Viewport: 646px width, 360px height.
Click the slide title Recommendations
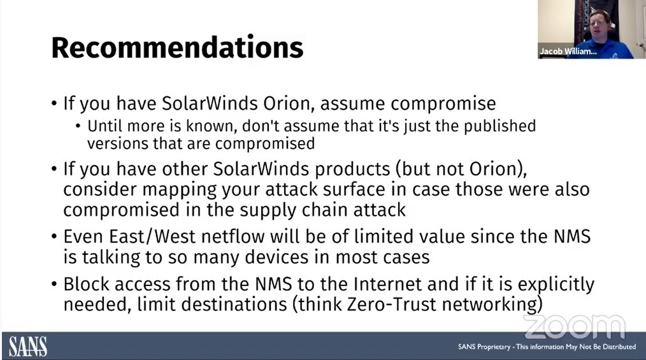coord(177,48)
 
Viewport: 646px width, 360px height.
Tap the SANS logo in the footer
coord(28,346)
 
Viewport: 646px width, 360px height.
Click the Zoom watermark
coord(574,326)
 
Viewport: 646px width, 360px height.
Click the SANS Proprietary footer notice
coord(547,347)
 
